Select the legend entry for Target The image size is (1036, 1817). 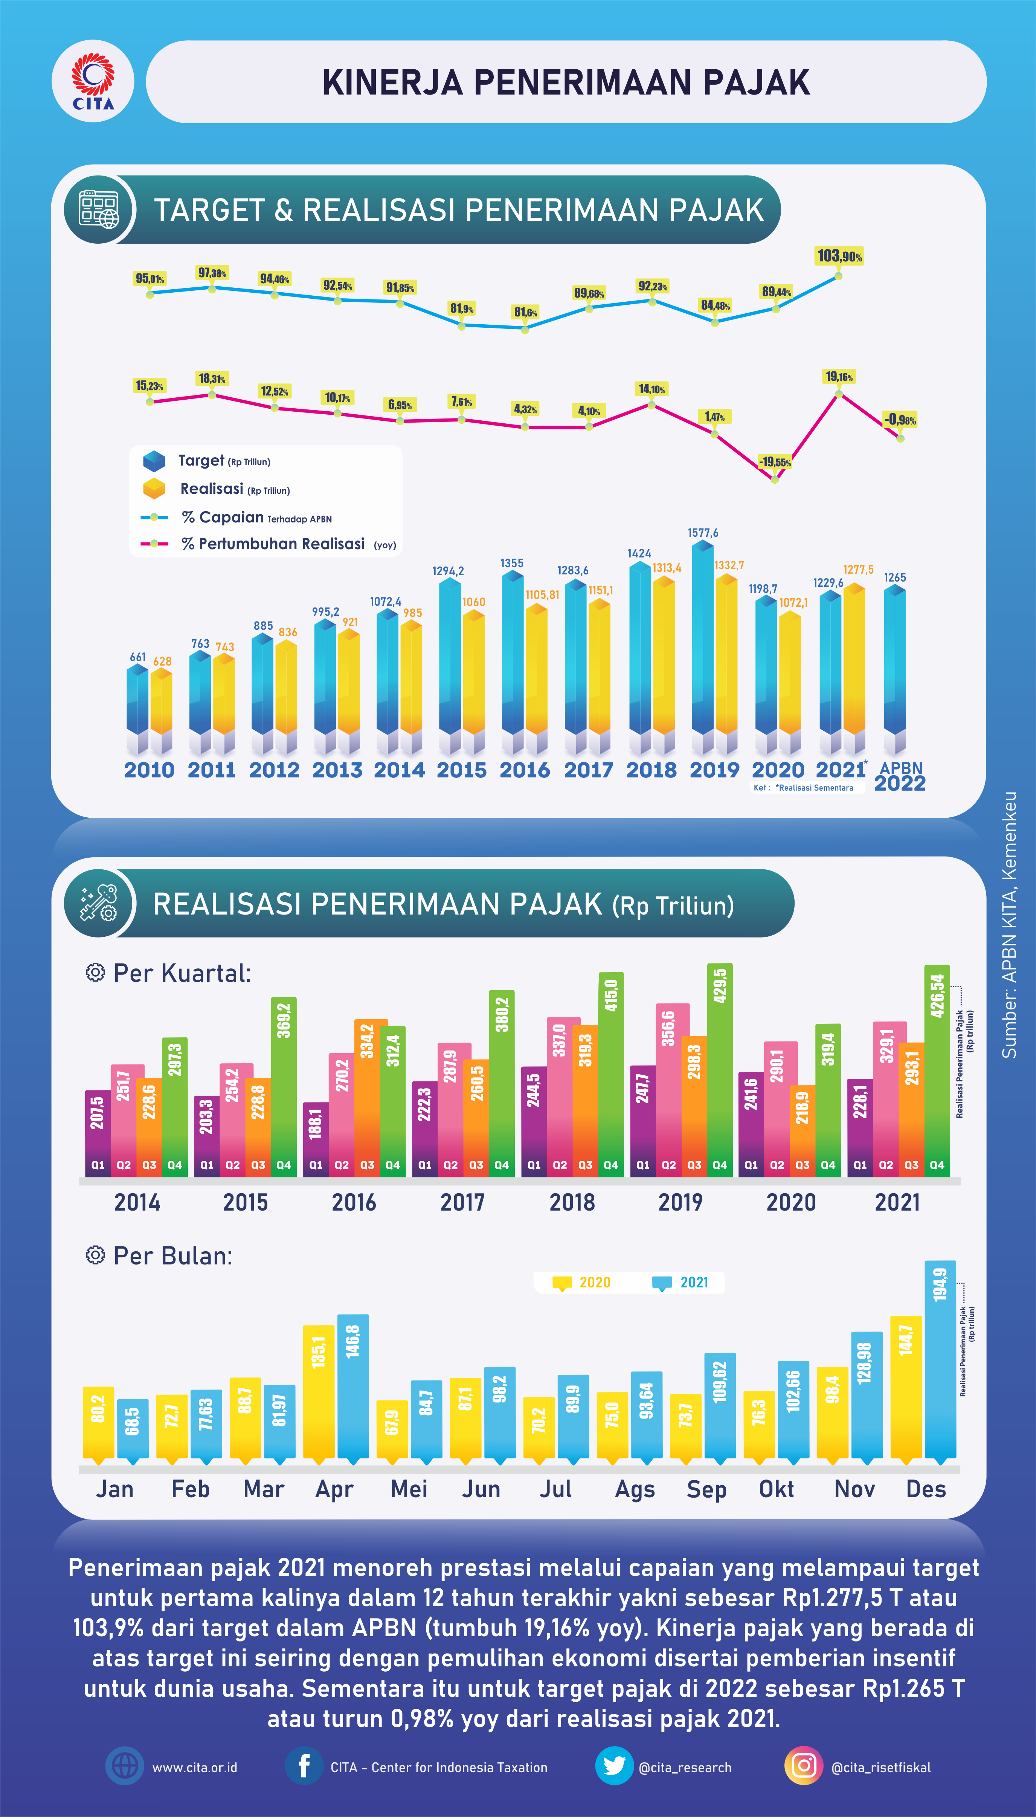(x=206, y=461)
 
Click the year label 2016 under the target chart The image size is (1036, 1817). (x=525, y=770)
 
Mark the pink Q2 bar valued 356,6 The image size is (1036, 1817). (x=668, y=1089)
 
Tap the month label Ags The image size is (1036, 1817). (x=635, y=1489)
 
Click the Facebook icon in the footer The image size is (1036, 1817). (x=304, y=1767)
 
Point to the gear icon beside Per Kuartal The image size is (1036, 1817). (x=95, y=973)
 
